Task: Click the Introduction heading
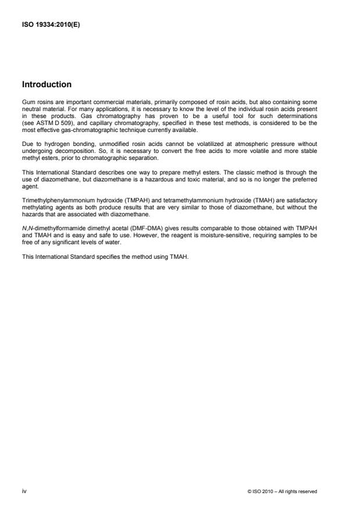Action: coord(47,85)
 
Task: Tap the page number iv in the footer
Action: coord(24,491)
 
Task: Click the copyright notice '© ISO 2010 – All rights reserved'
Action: coord(282,491)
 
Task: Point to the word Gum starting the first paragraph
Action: coord(27,102)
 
